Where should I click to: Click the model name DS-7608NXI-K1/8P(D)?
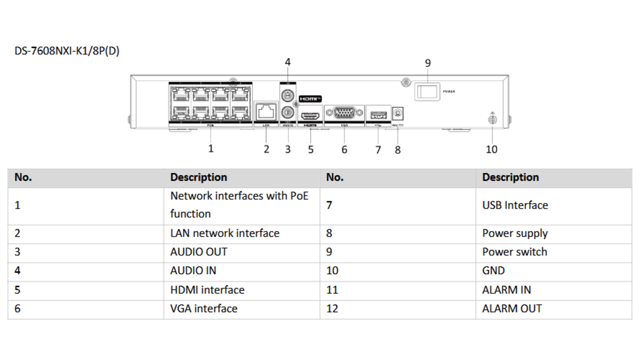pos(67,51)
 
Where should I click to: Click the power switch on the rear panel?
pos(427,92)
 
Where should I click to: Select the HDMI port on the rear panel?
pos(310,116)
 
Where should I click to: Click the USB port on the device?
pos(378,115)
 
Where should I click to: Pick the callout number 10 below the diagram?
pos(491,149)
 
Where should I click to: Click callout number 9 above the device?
pos(428,63)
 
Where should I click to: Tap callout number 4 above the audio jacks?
pos(288,62)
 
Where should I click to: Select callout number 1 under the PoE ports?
pos(211,149)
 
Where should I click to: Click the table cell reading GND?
pos(493,271)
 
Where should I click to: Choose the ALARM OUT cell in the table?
pos(512,309)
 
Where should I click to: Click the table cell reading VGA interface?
pos(204,309)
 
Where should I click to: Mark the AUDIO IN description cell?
pos(193,271)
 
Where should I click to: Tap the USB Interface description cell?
pos(515,205)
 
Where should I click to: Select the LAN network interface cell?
pos(225,233)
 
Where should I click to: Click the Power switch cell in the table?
pos(515,252)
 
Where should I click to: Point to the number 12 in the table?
pos(332,309)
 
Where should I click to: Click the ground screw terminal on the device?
pos(493,120)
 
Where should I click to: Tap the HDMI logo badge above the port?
pos(310,99)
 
